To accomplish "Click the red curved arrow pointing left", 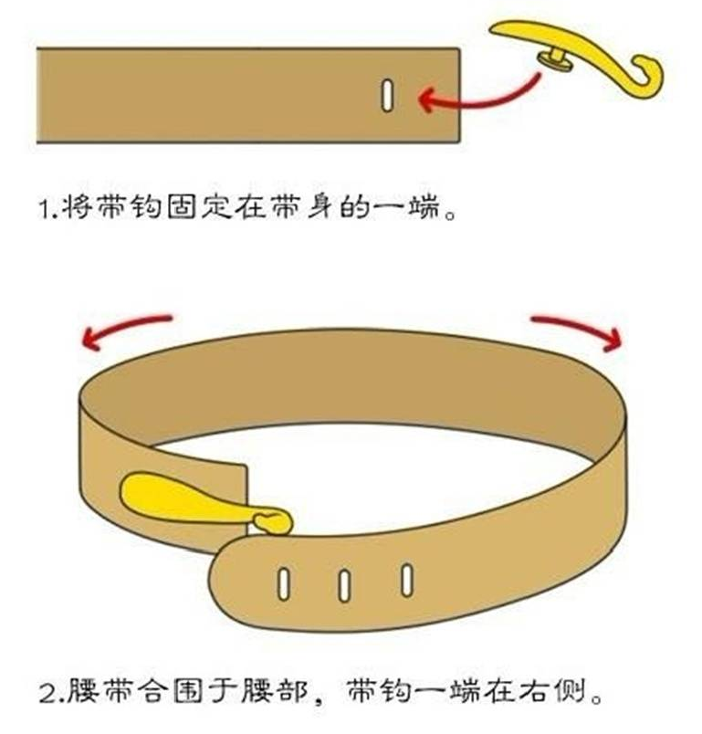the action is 124,330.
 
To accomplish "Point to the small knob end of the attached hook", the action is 274,520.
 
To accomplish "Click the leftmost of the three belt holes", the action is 283,583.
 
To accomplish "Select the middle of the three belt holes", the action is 344,584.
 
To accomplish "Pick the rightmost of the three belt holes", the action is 406,579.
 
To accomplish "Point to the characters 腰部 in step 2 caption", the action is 278,690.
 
